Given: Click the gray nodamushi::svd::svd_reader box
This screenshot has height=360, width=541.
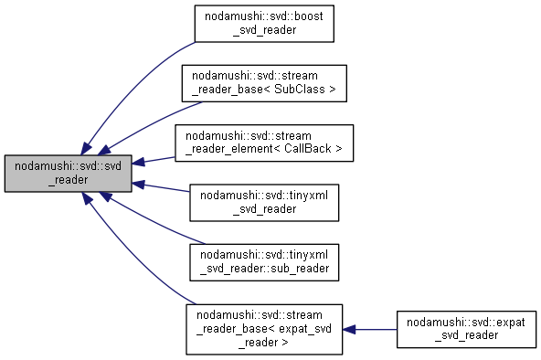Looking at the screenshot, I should click(69, 173).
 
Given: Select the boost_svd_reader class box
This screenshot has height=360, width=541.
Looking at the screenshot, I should click(263, 23).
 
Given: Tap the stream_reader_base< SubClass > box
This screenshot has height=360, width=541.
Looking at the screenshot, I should click(263, 84).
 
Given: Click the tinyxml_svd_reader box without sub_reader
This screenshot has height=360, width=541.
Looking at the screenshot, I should click(263, 202).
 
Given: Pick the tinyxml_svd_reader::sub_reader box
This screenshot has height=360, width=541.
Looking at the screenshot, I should click(263, 261).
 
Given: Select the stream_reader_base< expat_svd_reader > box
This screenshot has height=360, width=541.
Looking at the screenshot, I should click(263, 329).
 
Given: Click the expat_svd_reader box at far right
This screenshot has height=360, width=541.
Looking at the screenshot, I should click(465, 329).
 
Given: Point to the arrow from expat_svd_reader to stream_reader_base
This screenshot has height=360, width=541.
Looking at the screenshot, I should click(375, 329).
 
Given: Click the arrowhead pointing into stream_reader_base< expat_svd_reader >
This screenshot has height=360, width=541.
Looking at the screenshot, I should click(350, 329).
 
